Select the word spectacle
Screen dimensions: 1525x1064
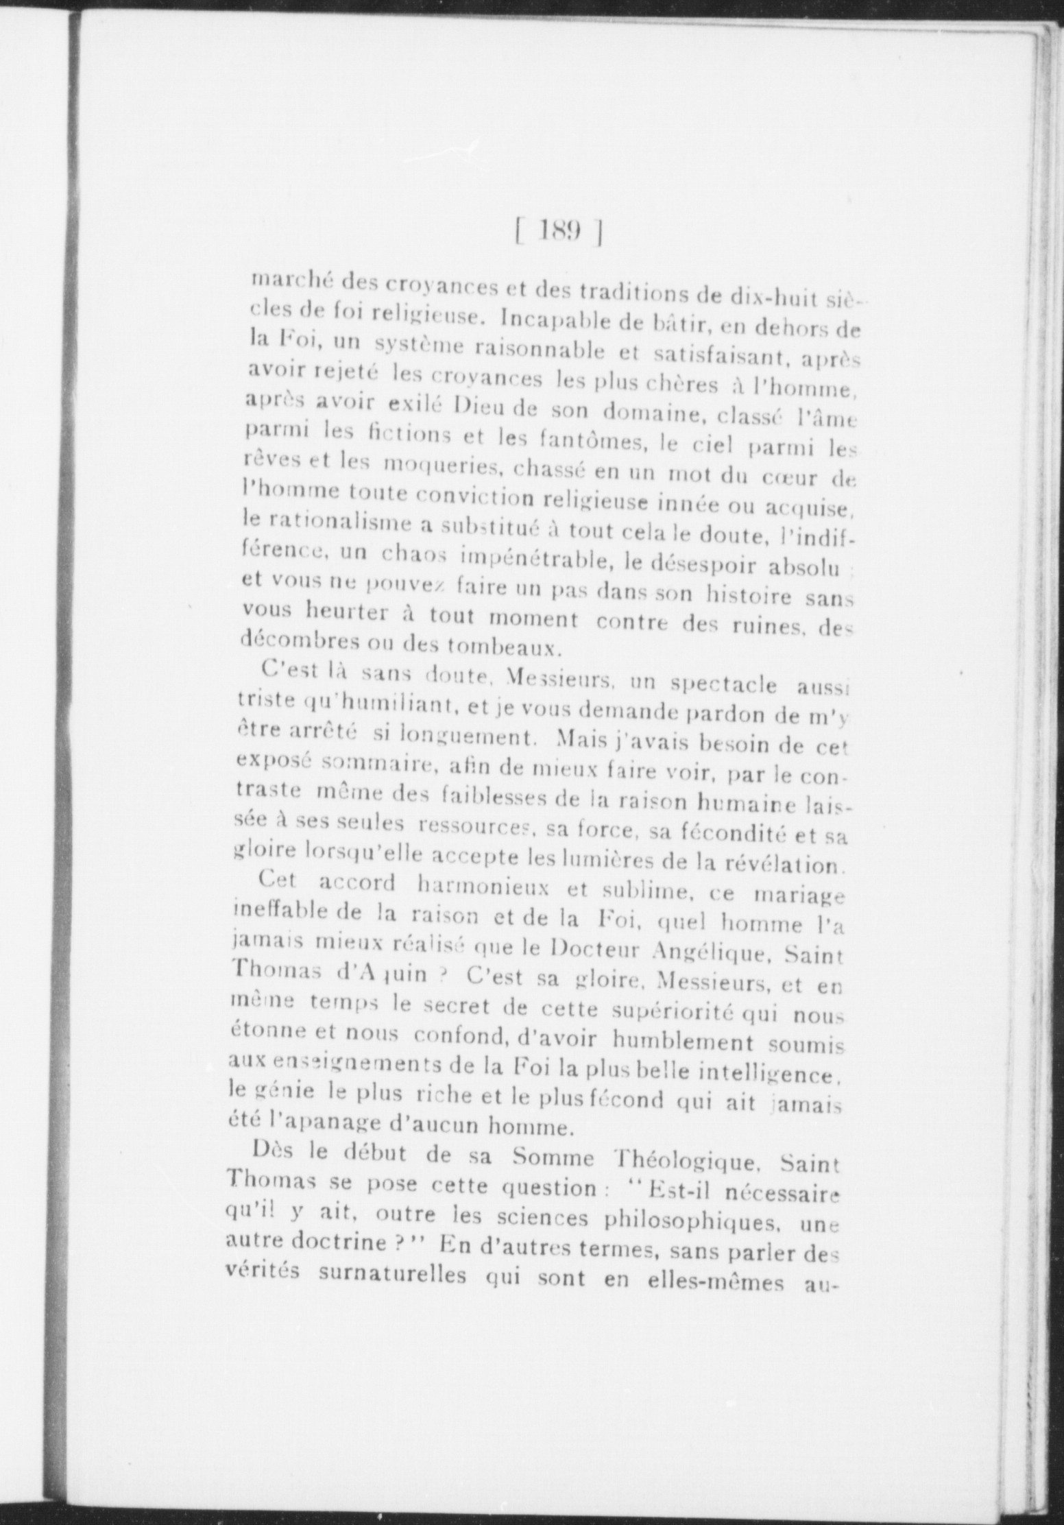point(722,685)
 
